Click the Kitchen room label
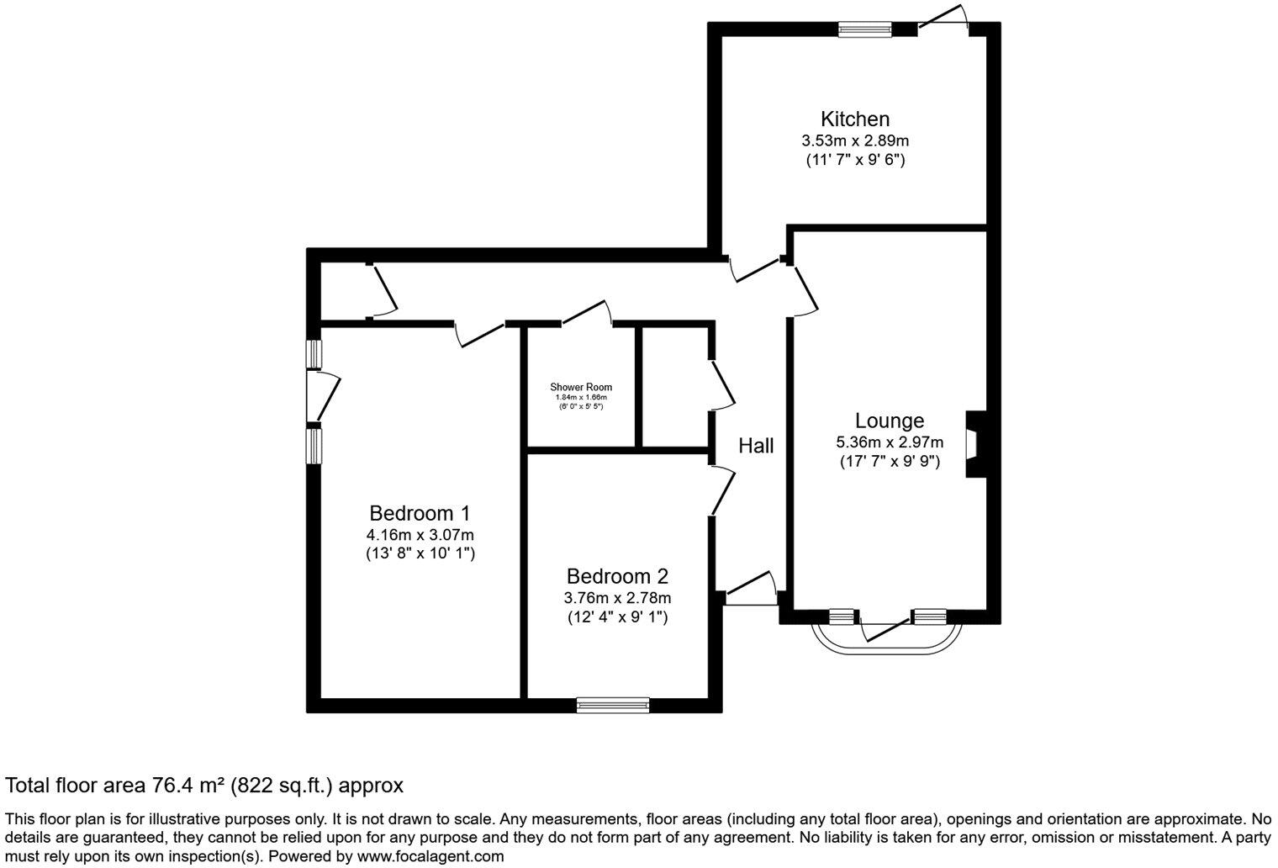point(855,119)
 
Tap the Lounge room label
point(890,421)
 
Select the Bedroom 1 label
point(420,513)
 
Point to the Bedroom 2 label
point(617,577)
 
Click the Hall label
point(756,446)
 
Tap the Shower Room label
point(581,387)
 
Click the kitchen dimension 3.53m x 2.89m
point(855,140)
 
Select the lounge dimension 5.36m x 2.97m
point(890,442)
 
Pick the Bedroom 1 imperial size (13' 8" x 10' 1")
point(420,553)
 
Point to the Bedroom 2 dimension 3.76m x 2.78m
point(617,598)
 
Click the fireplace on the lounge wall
point(975,443)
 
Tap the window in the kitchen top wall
point(864,29)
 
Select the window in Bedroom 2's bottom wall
point(613,705)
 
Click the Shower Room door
point(586,312)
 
